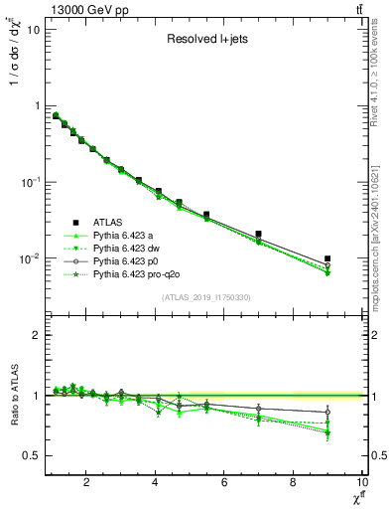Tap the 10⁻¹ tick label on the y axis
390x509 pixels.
click(x=30, y=182)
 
